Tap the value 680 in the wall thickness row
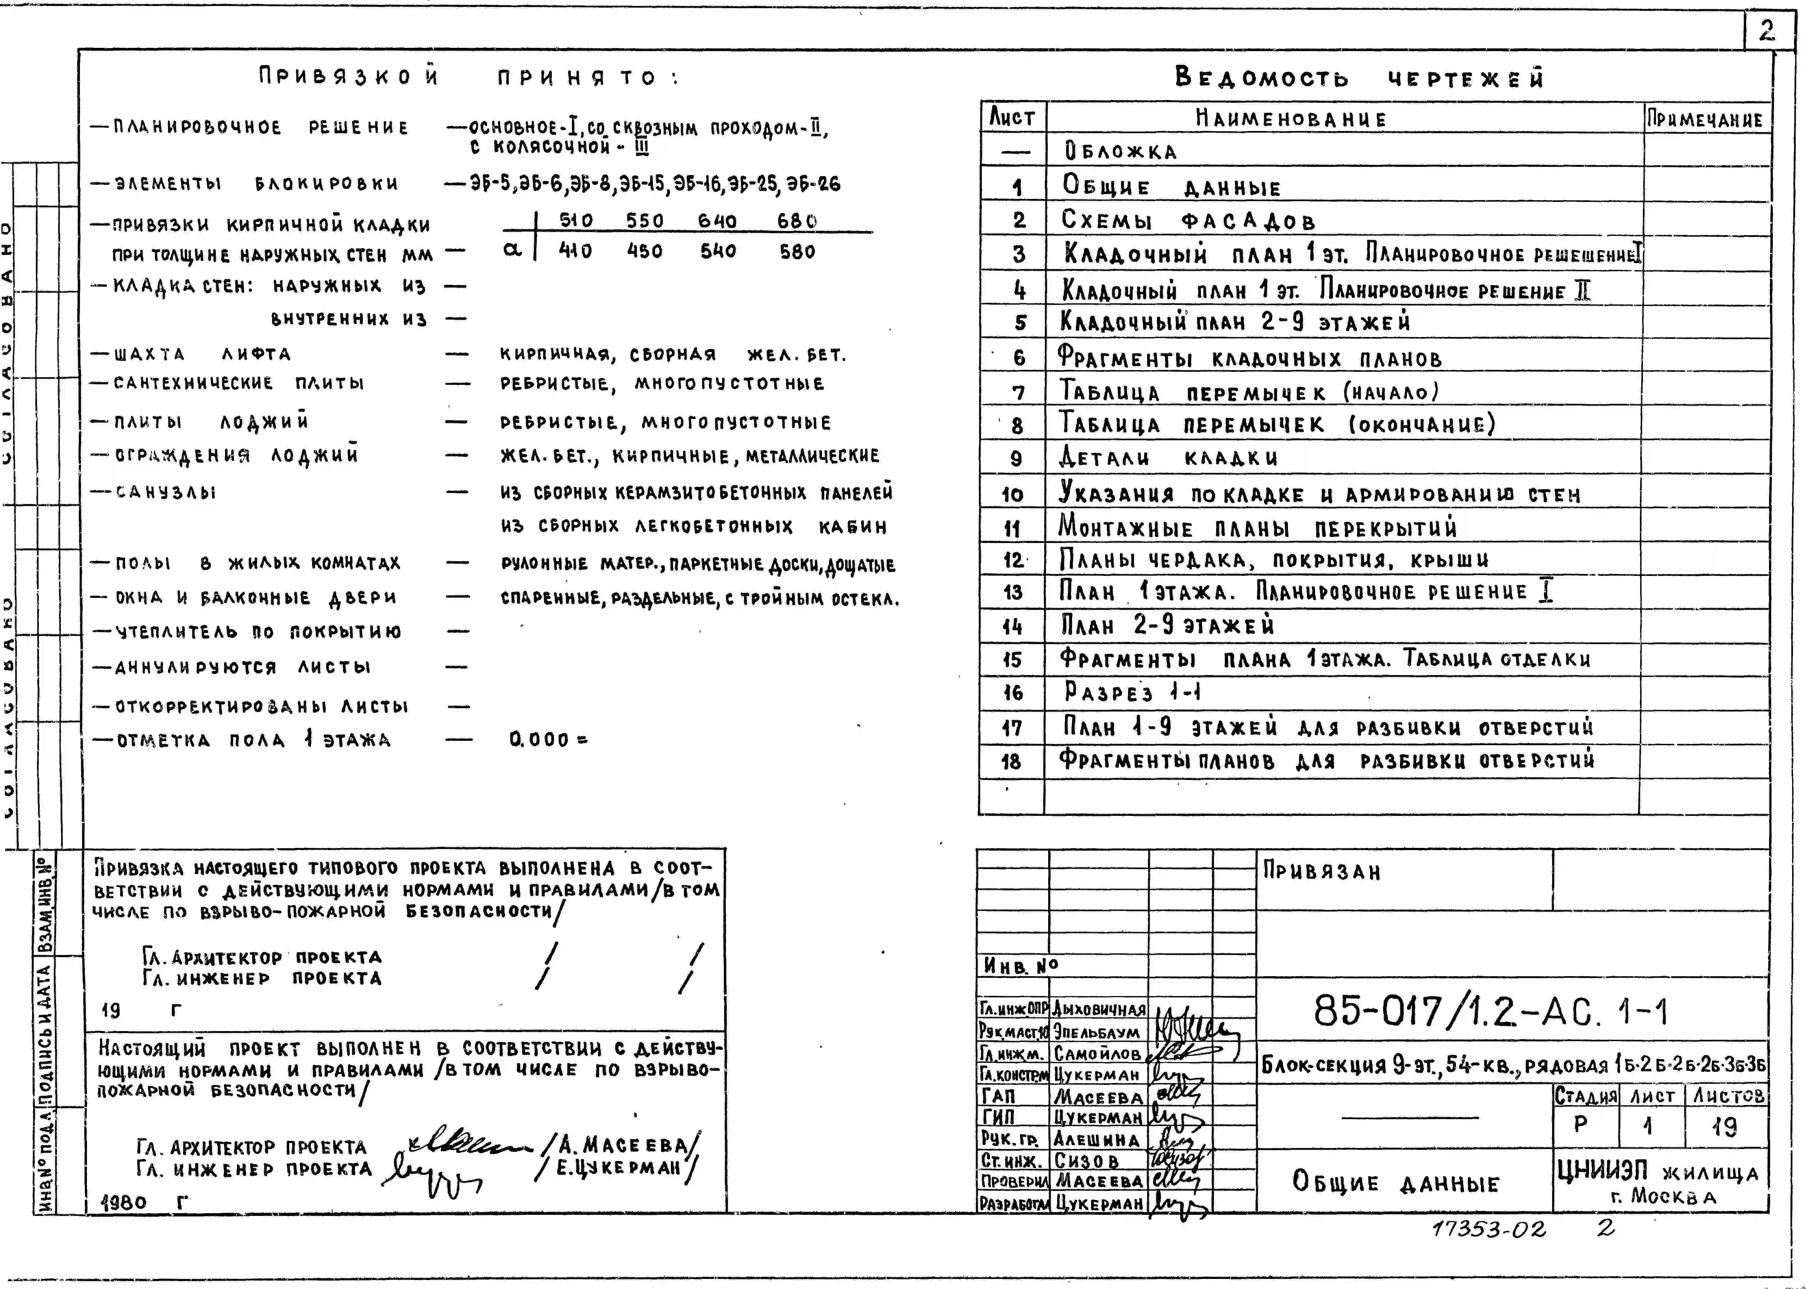(x=796, y=221)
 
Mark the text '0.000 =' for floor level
(x=548, y=740)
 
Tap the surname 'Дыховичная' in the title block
(x=1099, y=1010)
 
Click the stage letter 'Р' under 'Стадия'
(x=1581, y=1125)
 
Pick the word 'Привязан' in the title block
(x=1322, y=872)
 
